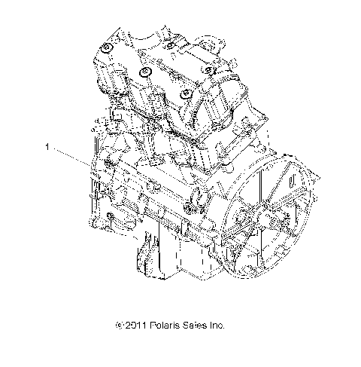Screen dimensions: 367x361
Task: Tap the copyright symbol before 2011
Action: [x=120, y=326]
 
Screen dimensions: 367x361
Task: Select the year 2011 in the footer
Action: [x=136, y=326]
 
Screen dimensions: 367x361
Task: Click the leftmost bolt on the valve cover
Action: [x=108, y=50]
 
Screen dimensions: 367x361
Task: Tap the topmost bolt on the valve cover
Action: [x=171, y=47]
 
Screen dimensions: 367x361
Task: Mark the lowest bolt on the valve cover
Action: [x=184, y=93]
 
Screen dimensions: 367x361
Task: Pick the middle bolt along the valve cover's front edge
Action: [x=145, y=72]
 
